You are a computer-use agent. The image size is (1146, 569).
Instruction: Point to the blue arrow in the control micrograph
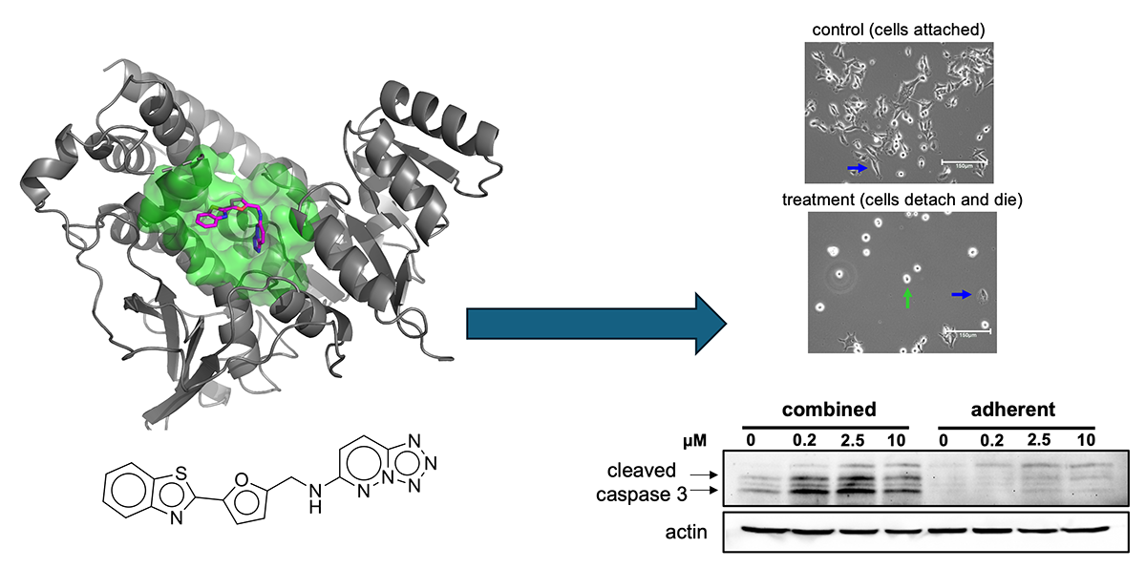click(858, 168)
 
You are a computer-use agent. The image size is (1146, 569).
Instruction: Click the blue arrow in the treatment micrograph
click(963, 295)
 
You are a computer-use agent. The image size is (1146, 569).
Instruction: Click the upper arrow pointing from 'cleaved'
click(700, 473)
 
